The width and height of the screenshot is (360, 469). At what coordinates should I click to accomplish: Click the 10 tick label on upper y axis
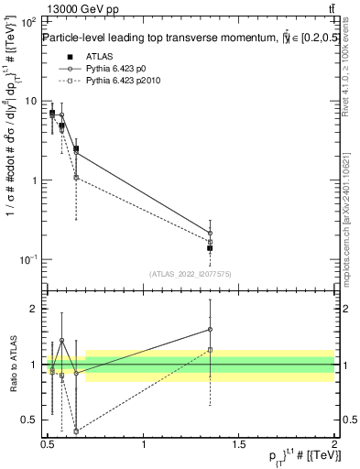(x=30, y=101)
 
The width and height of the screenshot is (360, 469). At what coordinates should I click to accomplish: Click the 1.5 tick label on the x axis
(x=239, y=443)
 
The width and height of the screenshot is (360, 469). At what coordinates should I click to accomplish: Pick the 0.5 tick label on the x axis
(x=49, y=443)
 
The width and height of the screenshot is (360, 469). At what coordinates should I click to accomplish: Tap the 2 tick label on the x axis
(x=334, y=443)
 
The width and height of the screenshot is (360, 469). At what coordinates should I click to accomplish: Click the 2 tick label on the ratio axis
(x=34, y=309)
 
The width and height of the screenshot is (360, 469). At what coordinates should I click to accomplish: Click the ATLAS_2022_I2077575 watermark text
(x=190, y=273)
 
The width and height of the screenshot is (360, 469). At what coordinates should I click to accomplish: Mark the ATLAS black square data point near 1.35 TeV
(x=210, y=248)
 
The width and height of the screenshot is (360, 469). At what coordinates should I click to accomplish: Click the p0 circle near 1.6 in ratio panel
(x=210, y=330)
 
